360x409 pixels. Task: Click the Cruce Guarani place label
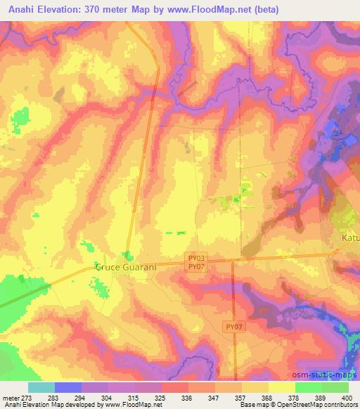point(124,268)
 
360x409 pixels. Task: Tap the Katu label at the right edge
point(349,239)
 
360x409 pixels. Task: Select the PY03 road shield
point(197,259)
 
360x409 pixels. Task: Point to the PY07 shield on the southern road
point(235,327)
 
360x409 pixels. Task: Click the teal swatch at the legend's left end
point(41,387)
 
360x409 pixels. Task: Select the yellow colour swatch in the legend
point(282,387)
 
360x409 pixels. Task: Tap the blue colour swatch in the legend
point(68,387)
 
